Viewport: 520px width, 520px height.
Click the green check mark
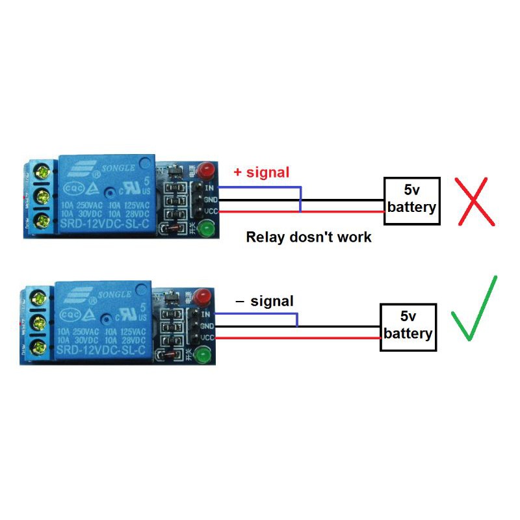click(474, 309)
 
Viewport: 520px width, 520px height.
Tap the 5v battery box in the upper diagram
click(411, 200)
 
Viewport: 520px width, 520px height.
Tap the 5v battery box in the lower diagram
click(408, 326)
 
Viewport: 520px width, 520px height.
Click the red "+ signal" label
click(261, 172)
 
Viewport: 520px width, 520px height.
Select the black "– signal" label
click(264, 301)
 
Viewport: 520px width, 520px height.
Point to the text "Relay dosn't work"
click(309, 237)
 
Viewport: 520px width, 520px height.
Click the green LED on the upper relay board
click(207, 229)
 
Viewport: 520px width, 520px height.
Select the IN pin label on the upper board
click(209, 188)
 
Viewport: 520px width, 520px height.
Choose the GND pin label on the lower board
click(207, 326)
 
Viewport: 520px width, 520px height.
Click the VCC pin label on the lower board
click(207, 338)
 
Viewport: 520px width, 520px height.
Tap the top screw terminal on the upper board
click(43, 172)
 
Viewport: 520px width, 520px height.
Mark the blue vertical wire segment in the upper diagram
click(300, 200)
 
